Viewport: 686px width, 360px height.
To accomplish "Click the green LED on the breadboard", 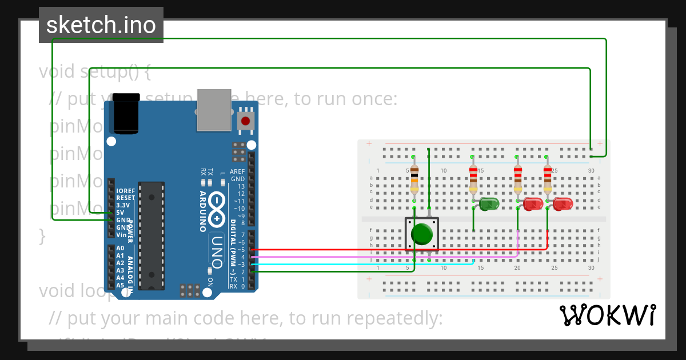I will point(489,203).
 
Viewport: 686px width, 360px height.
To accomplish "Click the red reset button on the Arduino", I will point(246,121).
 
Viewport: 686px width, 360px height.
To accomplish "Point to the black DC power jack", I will point(126,113).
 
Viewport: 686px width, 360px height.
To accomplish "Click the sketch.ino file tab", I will point(101,25).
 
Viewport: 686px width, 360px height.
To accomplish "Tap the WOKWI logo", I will point(608,315).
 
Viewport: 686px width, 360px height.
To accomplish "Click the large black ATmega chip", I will point(151,235).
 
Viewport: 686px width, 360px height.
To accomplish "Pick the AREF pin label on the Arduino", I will point(237,171).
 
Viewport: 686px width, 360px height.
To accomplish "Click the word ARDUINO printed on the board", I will point(203,211).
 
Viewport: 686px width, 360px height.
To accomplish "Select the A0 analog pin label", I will point(120,249).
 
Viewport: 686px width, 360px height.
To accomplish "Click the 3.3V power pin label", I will point(122,205).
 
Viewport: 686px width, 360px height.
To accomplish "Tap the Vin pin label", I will point(121,235).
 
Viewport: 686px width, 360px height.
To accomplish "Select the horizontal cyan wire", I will point(354,265).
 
